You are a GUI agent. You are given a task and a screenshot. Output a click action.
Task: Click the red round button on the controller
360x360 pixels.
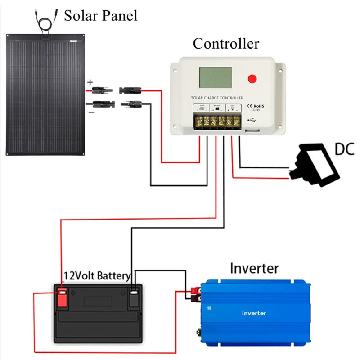(x=252, y=79)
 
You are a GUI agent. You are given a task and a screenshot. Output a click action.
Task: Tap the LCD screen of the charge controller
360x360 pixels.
(x=216, y=78)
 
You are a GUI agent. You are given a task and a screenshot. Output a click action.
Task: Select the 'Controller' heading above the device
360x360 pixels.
(x=226, y=44)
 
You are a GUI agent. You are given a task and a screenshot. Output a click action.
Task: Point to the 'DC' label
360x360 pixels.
(x=344, y=149)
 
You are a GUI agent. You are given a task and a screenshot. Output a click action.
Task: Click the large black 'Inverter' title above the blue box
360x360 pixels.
(x=254, y=269)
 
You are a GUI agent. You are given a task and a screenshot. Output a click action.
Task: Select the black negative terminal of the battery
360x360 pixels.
(x=134, y=297)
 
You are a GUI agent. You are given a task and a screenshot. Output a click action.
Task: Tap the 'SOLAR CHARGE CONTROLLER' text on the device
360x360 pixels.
(x=217, y=98)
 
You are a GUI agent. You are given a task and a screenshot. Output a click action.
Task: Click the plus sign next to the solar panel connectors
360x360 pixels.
(x=90, y=82)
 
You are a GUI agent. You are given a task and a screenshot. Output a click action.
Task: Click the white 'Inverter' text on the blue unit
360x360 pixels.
(x=254, y=313)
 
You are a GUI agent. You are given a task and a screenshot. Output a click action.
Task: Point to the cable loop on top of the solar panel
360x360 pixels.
(x=43, y=23)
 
